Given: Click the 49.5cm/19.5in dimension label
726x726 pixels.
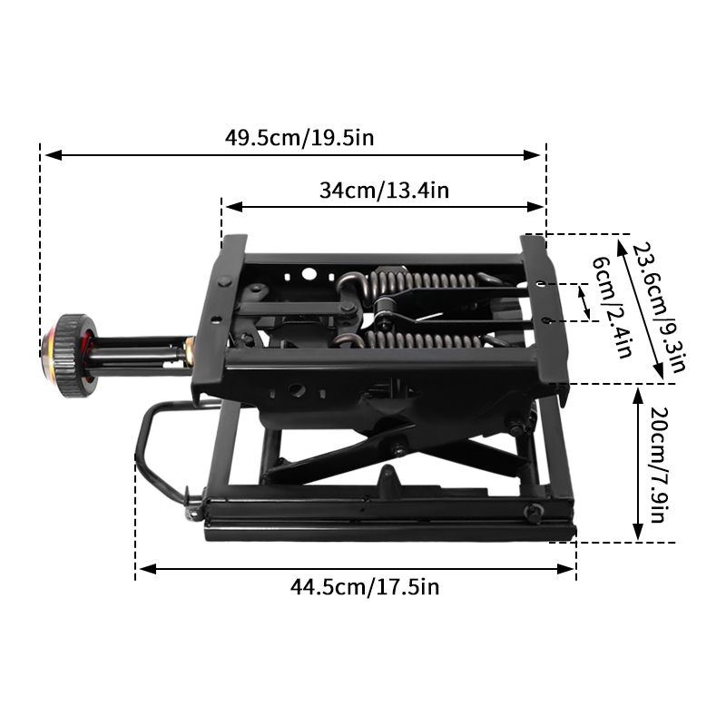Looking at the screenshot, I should pyautogui.click(x=299, y=139).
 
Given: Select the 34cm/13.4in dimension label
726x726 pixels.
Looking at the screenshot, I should pyautogui.click(x=384, y=191).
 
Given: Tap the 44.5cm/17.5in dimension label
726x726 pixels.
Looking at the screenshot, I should pyautogui.click(x=364, y=587).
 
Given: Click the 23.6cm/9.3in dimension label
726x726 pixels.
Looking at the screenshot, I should pyautogui.click(x=659, y=308).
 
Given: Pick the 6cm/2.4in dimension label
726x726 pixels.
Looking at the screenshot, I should pyautogui.click(x=611, y=308).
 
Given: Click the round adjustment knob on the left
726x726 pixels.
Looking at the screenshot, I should pyautogui.click(x=71, y=355).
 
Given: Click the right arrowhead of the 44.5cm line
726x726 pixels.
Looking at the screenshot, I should pyautogui.click(x=571, y=569).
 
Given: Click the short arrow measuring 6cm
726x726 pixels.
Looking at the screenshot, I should pyautogui.click(x=584, y=302).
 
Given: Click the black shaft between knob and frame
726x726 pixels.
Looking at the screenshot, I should pyautogui.click(x=136, y=349).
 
